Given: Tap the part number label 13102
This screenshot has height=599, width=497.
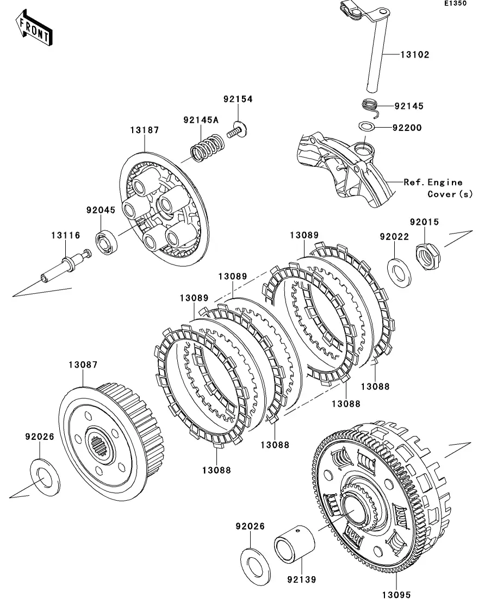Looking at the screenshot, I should (415, 54).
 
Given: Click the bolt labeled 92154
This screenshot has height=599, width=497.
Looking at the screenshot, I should (238, 131).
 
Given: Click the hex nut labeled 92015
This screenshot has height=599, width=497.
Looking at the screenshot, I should (428, 253).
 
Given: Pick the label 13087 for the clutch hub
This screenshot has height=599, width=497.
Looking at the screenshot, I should (83, 365).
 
